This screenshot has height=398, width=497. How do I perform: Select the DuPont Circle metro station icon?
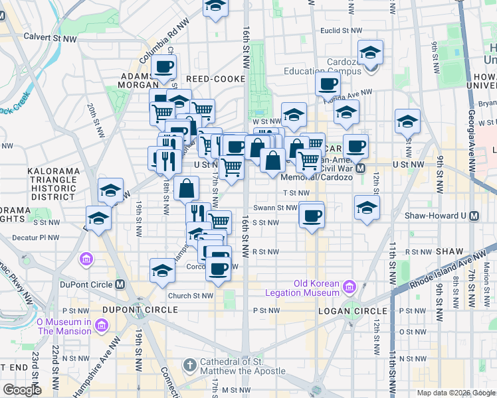click(x=120, y=284)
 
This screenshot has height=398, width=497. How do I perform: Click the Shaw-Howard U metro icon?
click(x=474, y=216)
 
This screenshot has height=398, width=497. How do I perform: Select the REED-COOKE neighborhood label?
click(x=211, y=78)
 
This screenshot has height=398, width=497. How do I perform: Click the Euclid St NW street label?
click(x=342, y=31)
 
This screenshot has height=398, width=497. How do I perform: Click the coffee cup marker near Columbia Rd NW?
click(x=163, y=66)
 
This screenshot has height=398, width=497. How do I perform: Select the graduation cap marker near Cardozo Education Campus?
click(x=370, y=52)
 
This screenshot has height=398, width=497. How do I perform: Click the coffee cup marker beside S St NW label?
click(x=310, y=215)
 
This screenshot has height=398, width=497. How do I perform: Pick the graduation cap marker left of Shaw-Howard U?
click(x=367, y=207)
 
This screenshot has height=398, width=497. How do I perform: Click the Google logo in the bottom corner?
click(x=21, y=390)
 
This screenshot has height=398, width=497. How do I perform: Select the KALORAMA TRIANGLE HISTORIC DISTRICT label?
click(x=53, y=184)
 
